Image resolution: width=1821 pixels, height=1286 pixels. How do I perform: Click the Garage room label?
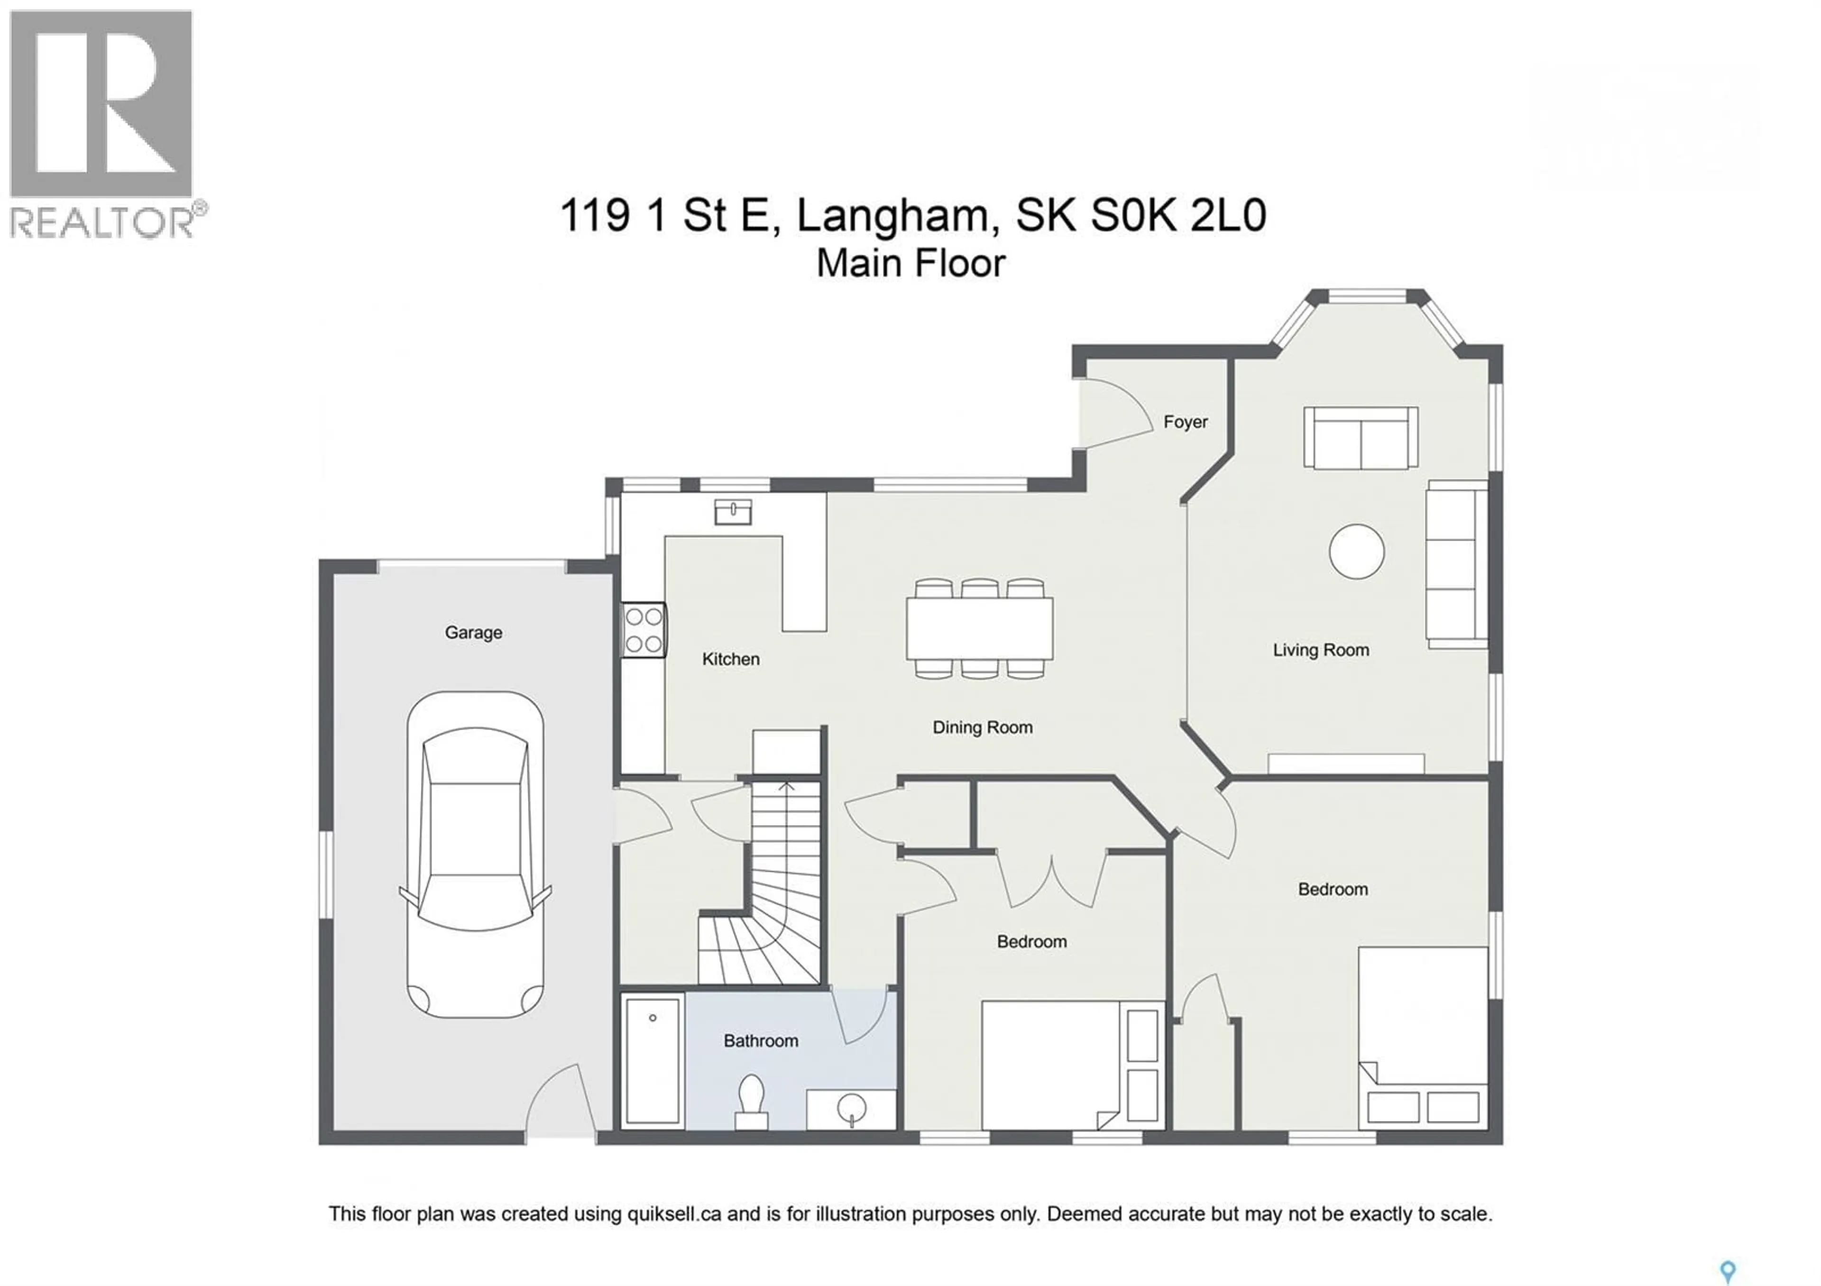tap(473, 633)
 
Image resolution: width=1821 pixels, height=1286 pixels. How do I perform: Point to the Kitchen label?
tap(730, 659)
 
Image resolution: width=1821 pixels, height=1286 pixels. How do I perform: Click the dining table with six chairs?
tap(980, 629)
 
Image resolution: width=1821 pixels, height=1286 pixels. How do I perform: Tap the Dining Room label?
tap(982, 727)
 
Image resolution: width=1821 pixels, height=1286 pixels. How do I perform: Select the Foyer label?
tap(1185, 422)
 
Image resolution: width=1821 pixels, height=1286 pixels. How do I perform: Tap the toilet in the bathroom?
tap(750, 1101)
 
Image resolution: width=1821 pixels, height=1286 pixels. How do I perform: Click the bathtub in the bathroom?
tap(652, 1061)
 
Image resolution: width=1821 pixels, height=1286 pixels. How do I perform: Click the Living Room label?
tap(1321, 650)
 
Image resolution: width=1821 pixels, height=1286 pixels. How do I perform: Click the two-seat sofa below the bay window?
tap(1360, 438)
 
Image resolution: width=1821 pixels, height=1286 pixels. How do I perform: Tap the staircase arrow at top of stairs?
tap(785, 787)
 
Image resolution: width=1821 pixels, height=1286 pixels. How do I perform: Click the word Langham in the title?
tap(897, 216)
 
